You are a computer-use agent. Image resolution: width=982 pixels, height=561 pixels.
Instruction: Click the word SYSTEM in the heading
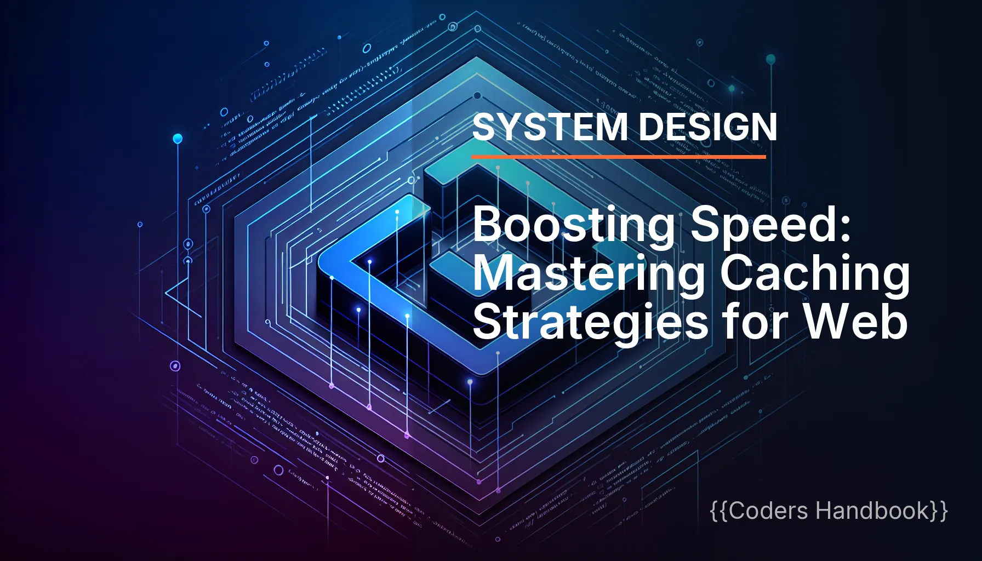point(550,127)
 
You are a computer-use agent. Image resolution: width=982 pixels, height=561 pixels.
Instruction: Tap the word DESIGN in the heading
point(707,127)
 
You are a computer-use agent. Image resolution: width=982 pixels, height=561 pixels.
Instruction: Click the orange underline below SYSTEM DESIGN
point(618,157)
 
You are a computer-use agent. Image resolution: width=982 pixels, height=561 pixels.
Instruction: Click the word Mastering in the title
point(589,274)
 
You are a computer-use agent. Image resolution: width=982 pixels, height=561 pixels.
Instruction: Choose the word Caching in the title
point(815,274)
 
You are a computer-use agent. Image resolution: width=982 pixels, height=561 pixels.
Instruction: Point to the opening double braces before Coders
point(720,511)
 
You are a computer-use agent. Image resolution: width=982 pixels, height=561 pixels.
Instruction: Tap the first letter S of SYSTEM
point(484,127)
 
